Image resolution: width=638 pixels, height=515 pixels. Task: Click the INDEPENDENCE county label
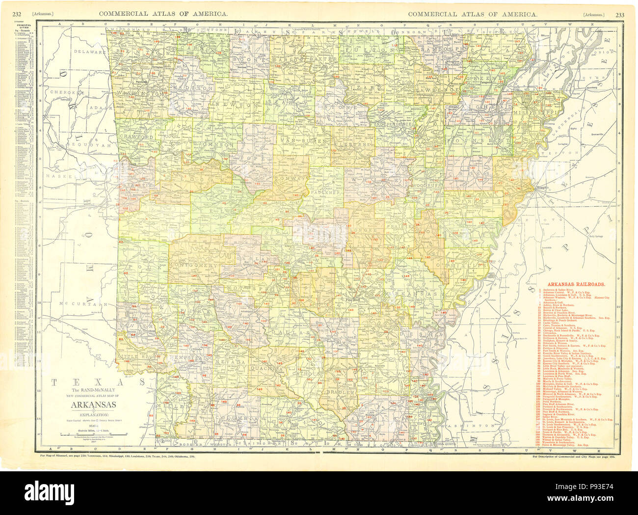pos(393,124)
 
